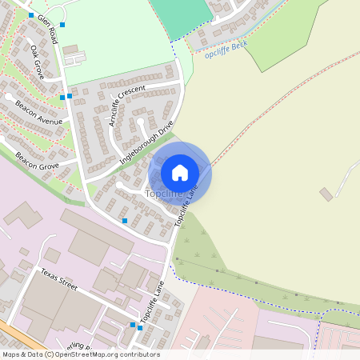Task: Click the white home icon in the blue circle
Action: tap(180, 173)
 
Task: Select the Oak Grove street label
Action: tap(37, 61)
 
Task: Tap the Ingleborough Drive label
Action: tap(146, 142)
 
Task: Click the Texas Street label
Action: tap(58, 280)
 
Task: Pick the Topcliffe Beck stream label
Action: tap(226, 54)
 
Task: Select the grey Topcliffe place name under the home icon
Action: tap(164, 194)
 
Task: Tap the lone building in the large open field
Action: tap(326, 194)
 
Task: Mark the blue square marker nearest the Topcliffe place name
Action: tap(124, 220)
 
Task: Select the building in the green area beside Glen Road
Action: tap(71, 50)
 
